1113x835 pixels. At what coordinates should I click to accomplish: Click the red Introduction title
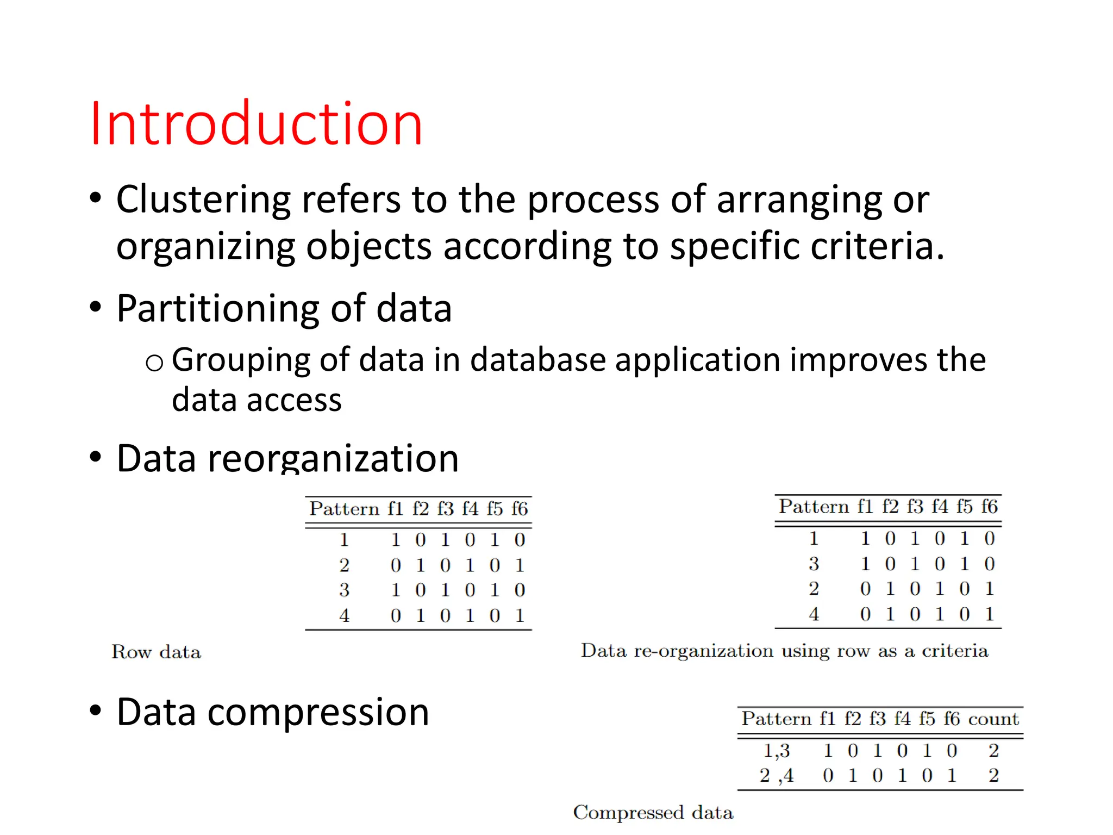pyautogui.click(x=255, y=124)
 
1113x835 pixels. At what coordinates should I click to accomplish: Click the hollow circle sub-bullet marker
pyautogui.click(x=154, y=363)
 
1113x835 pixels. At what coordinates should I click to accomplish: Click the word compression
pyautogui.click(x=318, y=712)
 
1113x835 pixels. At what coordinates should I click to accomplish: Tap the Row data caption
pyautogui.click(x=156, y=652)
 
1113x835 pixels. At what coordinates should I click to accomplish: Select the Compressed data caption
pyautogui.click(x=653, y=812)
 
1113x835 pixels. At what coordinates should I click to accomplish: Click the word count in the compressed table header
pyautogui.click(x=993, y=719)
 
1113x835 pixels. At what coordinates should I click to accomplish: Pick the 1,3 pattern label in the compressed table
pyautogui.click(x=777, y=751)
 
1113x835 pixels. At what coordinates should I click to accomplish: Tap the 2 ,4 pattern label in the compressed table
pyautogui.click(x=777, y=776)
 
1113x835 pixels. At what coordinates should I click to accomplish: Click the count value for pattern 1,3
pyautogui.click(x=994, y=751)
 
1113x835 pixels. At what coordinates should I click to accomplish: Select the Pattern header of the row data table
pyautogui.click(x=344, y=509)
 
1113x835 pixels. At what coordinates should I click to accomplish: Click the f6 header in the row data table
pyautogui.click(x=520, y=509)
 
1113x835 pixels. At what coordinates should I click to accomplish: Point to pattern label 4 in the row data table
pyautogui.click(x=344, y=615)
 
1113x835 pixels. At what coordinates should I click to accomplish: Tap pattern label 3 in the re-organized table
pyautogui.click(x=814, y=564)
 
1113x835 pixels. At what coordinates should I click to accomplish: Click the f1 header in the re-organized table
pyautogui.click(x=865, y=507)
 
